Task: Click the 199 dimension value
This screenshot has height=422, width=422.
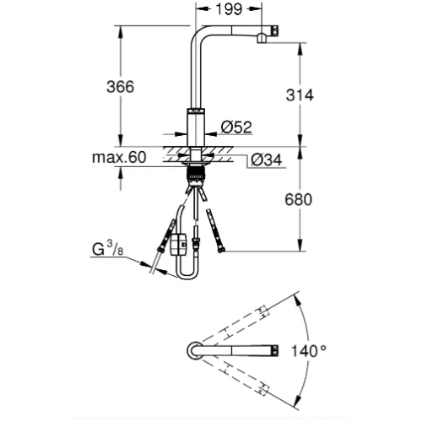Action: point(229,9)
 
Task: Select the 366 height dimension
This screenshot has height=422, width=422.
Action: point(121,87)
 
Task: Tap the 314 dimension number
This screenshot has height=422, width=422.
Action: point(300,95)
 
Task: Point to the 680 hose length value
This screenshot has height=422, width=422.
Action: point(299,200)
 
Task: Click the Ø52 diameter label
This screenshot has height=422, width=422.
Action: point(236,127)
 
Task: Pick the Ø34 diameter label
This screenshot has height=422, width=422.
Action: point(266,160)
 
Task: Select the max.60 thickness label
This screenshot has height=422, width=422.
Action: point(119,157)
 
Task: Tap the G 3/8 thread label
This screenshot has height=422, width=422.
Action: point(108,249)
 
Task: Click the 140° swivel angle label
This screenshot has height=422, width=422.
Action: point(309,351)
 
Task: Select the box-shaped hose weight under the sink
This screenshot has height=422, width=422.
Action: point(178,243)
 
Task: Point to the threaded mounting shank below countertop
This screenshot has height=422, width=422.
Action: point(196,175)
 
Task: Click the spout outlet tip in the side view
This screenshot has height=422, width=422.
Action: point(262,38)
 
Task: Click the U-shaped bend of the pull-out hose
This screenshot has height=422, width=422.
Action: point(187,277)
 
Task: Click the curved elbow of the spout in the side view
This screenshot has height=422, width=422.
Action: point(197,31)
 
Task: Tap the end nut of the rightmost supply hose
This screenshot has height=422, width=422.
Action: point(222,249)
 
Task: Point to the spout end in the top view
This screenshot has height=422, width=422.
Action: point(275,350)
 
